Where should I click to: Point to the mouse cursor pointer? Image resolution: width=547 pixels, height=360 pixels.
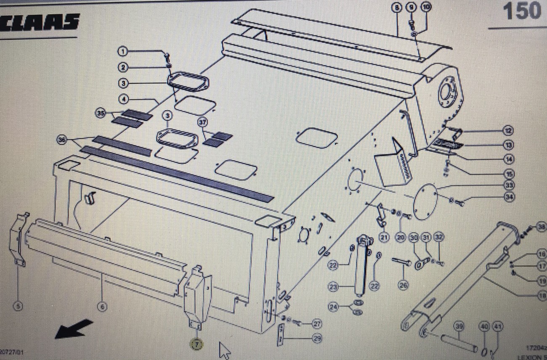point(225,350)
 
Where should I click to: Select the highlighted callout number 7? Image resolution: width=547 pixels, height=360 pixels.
point(196,344)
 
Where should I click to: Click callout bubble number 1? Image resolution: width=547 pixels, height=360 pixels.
point(122,51)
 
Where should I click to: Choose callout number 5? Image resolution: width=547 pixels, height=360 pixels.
point(18,306)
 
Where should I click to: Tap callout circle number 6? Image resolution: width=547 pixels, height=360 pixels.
point(102,307)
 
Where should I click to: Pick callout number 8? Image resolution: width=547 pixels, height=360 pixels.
point(396,8)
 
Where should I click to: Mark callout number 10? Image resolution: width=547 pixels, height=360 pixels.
point(426,8)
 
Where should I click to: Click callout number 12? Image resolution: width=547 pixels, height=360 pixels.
point(510,131)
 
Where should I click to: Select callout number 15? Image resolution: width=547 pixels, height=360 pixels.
point(510,173)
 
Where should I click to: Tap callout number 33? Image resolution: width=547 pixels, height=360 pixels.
point(510,185)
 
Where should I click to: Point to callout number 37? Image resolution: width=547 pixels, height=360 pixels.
point(203,122)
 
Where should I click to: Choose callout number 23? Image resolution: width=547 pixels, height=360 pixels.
point(333,287)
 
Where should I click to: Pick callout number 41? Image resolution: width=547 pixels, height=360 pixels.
point(497,326)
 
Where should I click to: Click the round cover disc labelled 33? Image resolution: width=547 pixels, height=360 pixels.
point(425,203)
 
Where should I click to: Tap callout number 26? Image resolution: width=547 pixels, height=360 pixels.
point(404,286)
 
